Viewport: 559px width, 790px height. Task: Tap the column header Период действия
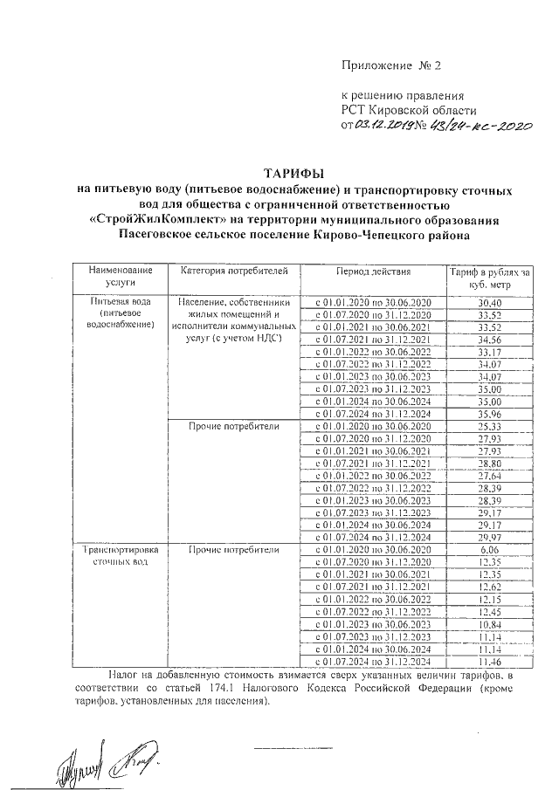coord(372,272)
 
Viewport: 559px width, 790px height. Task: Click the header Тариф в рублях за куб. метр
coord(490,278)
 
